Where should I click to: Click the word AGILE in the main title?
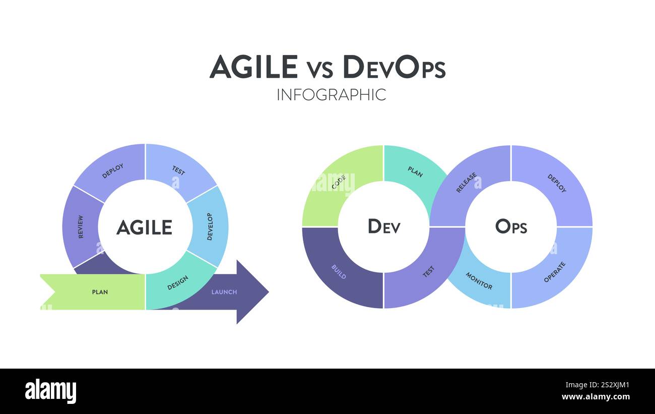(253, 67)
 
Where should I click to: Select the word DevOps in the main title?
(394, 67)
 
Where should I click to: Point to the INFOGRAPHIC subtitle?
(332, 95)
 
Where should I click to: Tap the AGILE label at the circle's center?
(145, 227)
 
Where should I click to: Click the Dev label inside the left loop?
(384, 226)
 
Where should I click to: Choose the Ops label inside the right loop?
(511, 226)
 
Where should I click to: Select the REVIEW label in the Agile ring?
(81, 227)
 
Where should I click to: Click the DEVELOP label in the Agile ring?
(210, 227)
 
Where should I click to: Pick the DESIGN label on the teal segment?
(178, 282)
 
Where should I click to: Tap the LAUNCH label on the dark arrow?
(224, 292)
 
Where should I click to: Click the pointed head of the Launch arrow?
(268, 291)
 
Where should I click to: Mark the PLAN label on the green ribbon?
(100, 292)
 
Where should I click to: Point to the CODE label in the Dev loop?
(339, 182)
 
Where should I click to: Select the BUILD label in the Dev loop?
(339, 272)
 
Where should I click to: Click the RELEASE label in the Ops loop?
(467, 183)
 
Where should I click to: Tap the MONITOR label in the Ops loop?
(479, 281)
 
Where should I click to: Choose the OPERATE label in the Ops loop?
(554, 272)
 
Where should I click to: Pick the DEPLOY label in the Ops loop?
(557, 184)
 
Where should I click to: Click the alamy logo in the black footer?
(50, 391)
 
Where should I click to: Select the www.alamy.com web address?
(596, 397)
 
